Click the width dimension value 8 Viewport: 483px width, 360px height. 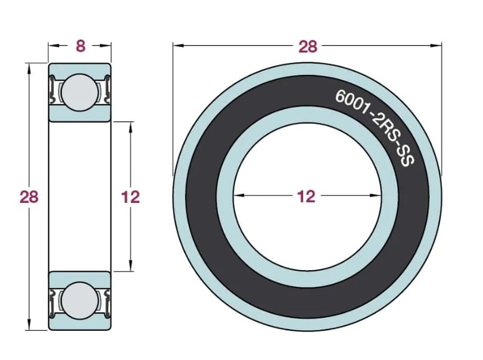click(x=80, y=46)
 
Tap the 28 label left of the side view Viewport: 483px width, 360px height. click(x=29, y=197)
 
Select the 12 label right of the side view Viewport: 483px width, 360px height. click(x=130, y=197)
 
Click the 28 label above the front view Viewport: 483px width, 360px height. click(x=307, y=46)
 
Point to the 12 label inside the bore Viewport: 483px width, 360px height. click(x=307, y=196)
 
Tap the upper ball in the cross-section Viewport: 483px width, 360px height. click(x=79, y=92)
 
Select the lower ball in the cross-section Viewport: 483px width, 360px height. click(x=79, y=300)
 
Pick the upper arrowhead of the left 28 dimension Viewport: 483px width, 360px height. click(x=29, y=68)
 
